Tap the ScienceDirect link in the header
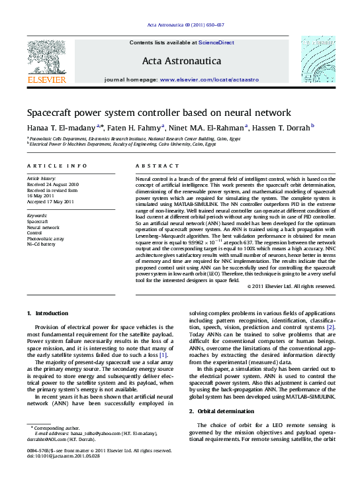(x=217, y=42)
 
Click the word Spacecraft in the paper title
(x=52, y=112)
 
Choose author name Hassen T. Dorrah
(x=281, y=128)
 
